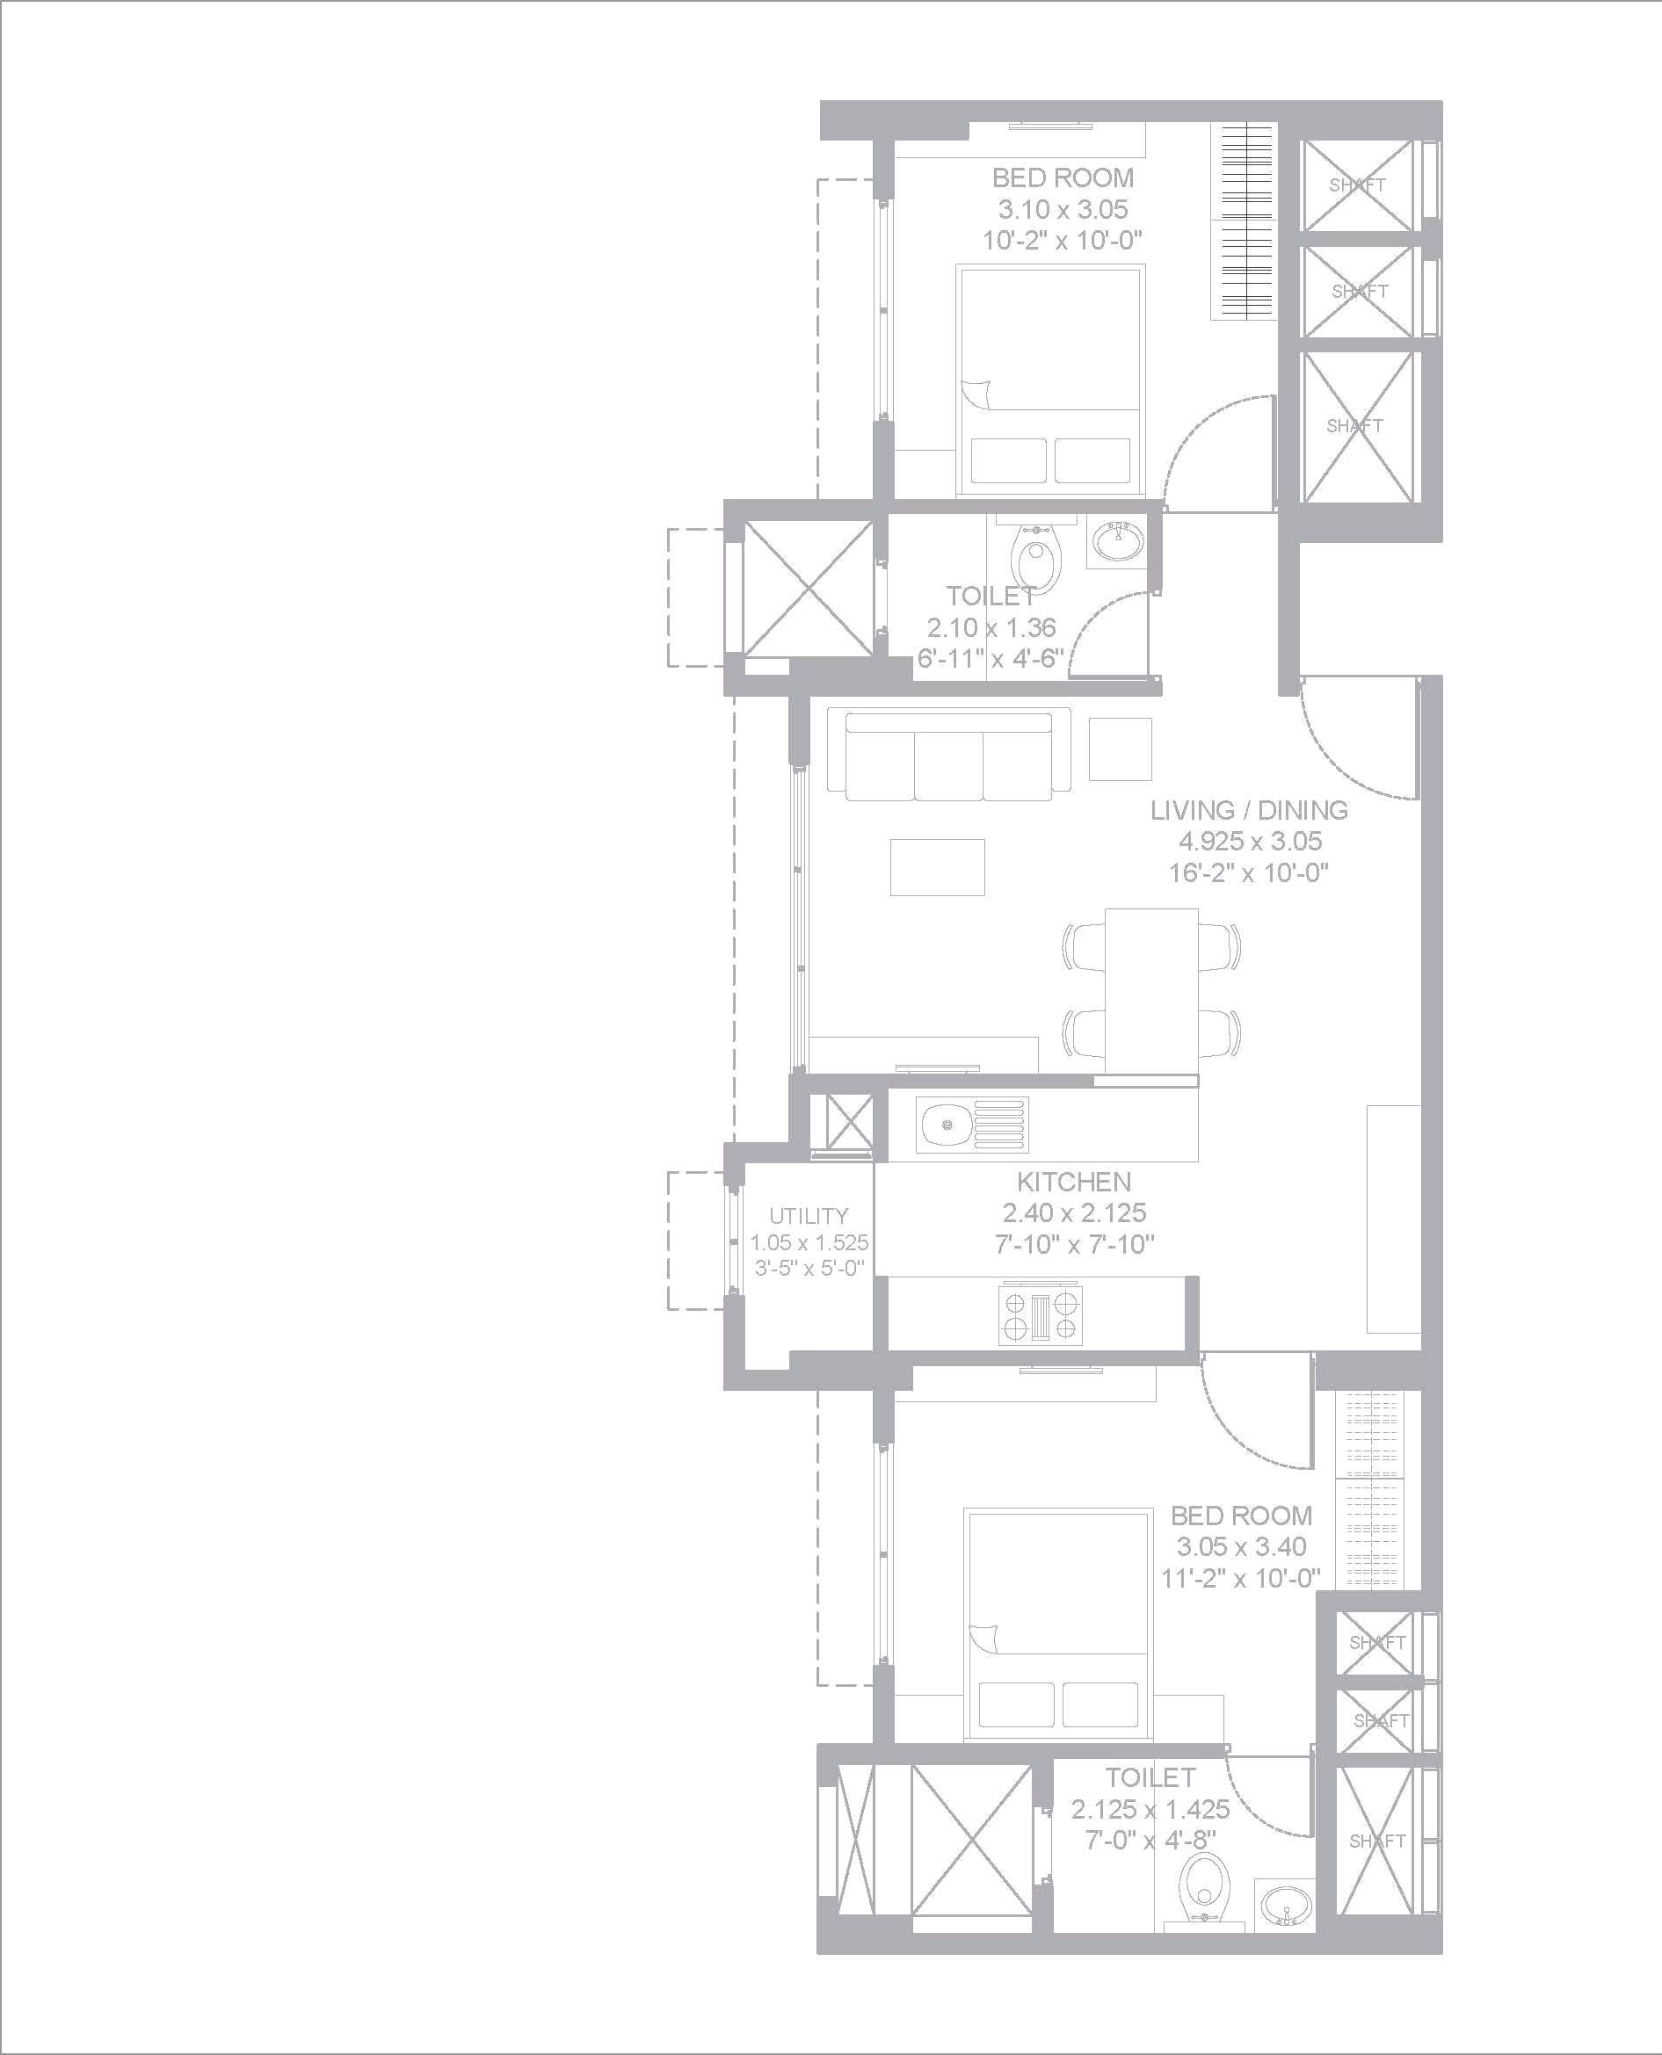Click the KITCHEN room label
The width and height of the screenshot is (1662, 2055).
[x=1073, y=1181]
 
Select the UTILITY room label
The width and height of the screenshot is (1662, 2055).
[x=809, y=1216]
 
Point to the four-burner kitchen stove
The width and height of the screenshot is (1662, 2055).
[x=1041, y=1313]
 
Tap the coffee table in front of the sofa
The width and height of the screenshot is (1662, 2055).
[x=937, y=867]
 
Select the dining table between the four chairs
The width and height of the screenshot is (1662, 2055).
[x=1150, y=991]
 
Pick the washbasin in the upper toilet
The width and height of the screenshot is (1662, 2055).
[x=1116, y=543]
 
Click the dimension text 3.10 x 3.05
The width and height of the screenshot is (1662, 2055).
[x=1063, y=208]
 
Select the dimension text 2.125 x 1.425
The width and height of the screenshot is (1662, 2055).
[x=1150, y=1809]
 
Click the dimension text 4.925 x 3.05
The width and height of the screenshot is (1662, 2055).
[x=1250, y=842]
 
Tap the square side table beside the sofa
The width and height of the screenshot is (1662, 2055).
[x=1120, y=749]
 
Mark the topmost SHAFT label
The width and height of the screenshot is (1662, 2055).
[x=1358, y=185]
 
